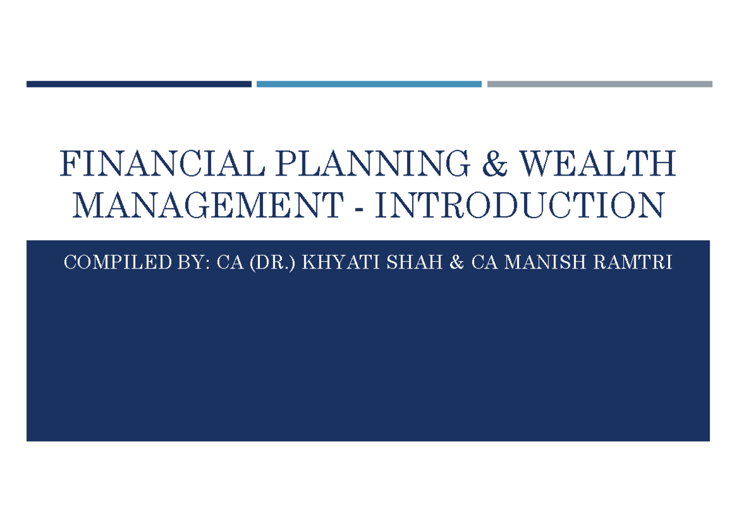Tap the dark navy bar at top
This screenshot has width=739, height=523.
click(x=139, y=84)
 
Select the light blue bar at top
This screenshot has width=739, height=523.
click(x=369, y=84)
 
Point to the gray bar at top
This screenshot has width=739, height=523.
click(x=599, y=84)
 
